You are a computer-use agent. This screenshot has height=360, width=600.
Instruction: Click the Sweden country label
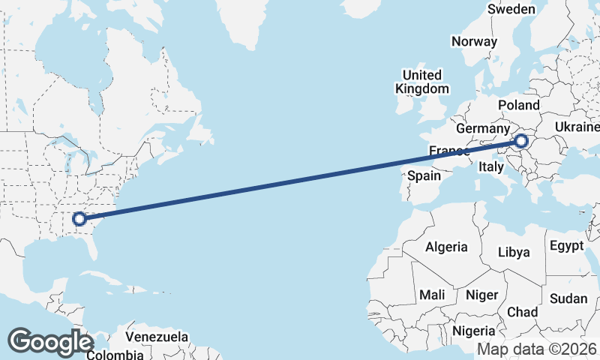[x=511, y=10]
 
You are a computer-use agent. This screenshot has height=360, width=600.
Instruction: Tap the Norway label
[x=474, y=41]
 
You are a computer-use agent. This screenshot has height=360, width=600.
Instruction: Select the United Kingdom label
[x=422, y=82]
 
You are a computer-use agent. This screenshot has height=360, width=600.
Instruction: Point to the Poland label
[x=518, y=105]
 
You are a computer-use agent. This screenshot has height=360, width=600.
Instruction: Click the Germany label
[x=482, y=129]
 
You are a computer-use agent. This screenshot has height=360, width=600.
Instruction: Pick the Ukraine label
[x=576, y=128]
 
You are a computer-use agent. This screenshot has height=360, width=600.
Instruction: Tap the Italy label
[x=491, y=167]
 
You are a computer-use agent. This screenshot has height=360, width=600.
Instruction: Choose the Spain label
[x=424, y=176]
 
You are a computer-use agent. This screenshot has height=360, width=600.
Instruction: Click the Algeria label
[x=446, y=247]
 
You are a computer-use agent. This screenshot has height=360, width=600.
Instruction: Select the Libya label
[x=514, y=252]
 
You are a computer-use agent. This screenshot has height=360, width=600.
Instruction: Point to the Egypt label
[x=566, y=246]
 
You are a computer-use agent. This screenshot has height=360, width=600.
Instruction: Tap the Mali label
[x=433, y=295]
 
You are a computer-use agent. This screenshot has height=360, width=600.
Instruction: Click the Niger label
[x=481, y=295]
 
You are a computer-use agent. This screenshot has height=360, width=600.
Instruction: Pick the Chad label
[x=522, y=312]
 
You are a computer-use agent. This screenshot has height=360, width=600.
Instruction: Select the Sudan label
[x=568, y=298]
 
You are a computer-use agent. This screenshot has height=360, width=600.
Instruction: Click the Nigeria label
[x=474, y=331]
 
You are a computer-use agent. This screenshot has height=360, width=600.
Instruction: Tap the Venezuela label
[x=157, y=337]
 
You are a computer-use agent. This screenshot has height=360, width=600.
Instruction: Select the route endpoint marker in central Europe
[x=522, y=140]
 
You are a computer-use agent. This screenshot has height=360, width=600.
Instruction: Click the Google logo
[x=51, y=342]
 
